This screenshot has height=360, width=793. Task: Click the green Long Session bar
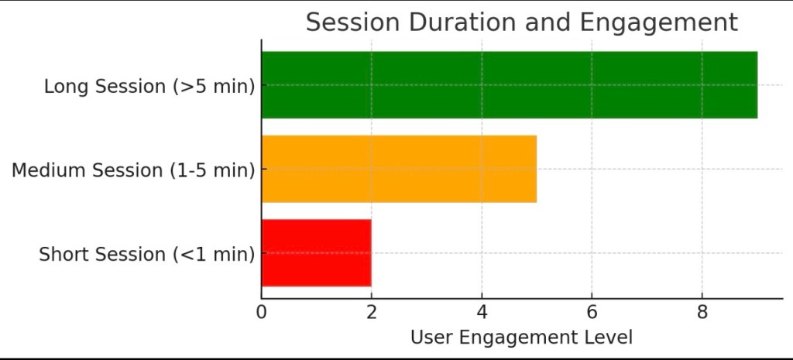(x=510, y=85)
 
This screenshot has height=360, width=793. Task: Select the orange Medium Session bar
(x=399, y=169)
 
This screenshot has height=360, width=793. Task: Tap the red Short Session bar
(x=317, y=253)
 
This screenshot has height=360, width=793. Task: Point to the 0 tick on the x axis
(x=262, y=313)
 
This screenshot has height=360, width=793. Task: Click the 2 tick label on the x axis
(x=371, y=313)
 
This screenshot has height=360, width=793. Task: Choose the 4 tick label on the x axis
(x=482, y=313)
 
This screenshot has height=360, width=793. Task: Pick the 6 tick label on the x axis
(x=592, y=313)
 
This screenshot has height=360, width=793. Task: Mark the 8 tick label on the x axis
(x=702, y=313)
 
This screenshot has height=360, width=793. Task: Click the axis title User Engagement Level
(x=521, y=338)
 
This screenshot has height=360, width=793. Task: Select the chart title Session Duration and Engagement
(x=522, y=22)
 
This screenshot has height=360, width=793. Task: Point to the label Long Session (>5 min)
(x=149, y=87)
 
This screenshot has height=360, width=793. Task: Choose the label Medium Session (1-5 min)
(x=133, y=170)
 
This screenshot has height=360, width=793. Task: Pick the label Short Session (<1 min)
(x=146, y=255)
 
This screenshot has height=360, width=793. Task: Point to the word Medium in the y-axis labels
(x=46, y=170)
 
